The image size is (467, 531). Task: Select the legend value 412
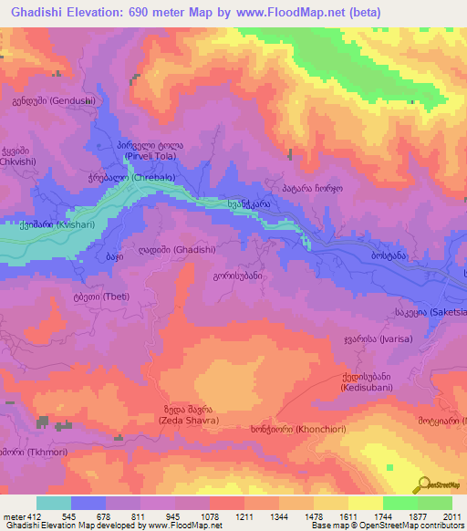pos(27,515)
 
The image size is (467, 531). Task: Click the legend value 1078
pos(209,515)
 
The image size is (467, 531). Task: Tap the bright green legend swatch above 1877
pos(400,503)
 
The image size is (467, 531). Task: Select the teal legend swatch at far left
pos(53,503)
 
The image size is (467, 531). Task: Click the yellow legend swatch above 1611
pos(366,503)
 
